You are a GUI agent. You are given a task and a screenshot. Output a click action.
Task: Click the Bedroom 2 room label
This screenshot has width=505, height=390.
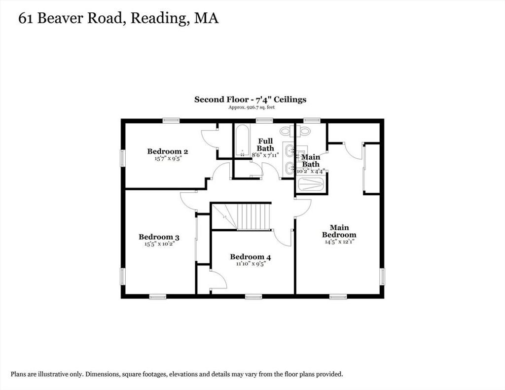coord(168,151)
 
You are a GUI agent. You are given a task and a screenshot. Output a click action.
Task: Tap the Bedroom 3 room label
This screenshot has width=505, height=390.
coord(159,237)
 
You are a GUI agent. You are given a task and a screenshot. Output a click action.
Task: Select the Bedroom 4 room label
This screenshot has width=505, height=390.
coord(250,257)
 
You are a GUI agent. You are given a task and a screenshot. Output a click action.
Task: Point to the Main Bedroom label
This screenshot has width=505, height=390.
coord(339,231)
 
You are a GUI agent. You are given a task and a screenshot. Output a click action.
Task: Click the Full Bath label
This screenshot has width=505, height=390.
coord(265,144)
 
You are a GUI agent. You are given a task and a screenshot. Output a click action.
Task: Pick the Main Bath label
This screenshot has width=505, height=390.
coord(311,160)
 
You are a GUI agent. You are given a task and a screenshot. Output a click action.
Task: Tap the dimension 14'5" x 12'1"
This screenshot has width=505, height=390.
coord(339,242)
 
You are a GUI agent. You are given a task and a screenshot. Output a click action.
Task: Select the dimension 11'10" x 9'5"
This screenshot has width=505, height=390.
coord(250,264)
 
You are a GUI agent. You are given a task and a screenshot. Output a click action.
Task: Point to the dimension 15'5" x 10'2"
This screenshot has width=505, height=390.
coord(159,244)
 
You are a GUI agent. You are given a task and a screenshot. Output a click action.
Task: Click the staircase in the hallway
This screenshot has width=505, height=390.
coord(241,216)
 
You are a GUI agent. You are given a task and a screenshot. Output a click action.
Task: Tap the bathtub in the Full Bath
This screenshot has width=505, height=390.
coord(242,141)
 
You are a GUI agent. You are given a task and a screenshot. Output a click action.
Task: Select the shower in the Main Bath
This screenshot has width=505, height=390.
coord(311,184)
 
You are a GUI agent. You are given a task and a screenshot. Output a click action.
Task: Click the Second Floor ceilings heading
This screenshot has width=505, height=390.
coord(250,100)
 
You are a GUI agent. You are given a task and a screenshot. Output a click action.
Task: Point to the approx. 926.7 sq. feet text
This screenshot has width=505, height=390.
coord(252,107)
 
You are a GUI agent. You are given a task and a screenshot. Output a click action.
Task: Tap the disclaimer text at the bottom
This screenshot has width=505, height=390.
coord(177,374)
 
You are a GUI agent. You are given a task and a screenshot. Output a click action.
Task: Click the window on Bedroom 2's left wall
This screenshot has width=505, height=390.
coord(123,158)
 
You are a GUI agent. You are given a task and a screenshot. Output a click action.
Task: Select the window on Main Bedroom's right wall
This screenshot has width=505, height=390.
coord(382,277)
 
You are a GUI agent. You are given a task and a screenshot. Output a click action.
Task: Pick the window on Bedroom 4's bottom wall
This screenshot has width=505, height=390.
coord(253,296)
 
